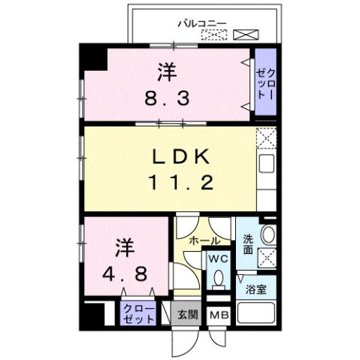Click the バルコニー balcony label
pos(201,22)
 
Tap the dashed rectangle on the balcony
pos(212,35)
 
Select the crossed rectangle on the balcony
pos(244,35)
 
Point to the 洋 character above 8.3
pos(168,74)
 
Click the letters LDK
pos(185,157)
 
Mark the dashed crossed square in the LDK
pos(265,138)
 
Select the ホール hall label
pos(204,241)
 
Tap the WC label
pos(218,259)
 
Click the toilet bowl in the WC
pos(219,280)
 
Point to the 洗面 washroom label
pos(248,246)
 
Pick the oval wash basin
pos(268,234)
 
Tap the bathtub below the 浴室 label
pos(256,316)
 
